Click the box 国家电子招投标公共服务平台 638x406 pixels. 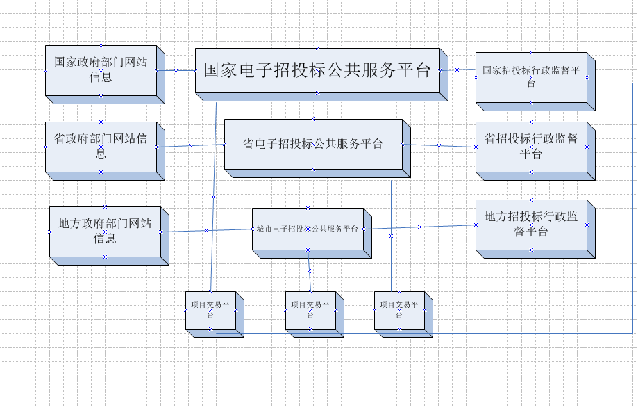click(317, 70)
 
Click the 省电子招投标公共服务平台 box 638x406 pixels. click(313, 144)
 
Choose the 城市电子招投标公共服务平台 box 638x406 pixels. click(308, 229)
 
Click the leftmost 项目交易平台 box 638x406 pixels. click(210, 310)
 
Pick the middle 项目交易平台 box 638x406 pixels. click(310, 310)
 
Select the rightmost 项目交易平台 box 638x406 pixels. click(399, 310)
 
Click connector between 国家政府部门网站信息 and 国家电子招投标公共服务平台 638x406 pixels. click(176, 70)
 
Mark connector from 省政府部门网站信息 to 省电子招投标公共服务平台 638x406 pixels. click(191, 145)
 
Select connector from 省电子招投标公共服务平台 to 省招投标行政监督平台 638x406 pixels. click(439, 145)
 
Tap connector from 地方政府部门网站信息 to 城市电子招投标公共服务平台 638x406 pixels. click(206, 230)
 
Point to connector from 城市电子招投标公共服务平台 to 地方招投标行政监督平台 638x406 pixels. click(419, 227)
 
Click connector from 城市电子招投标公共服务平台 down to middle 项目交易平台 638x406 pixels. click(309, 270)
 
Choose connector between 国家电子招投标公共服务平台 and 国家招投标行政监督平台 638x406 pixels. click(457, 70)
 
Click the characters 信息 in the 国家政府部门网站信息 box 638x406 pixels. click(101, 76)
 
